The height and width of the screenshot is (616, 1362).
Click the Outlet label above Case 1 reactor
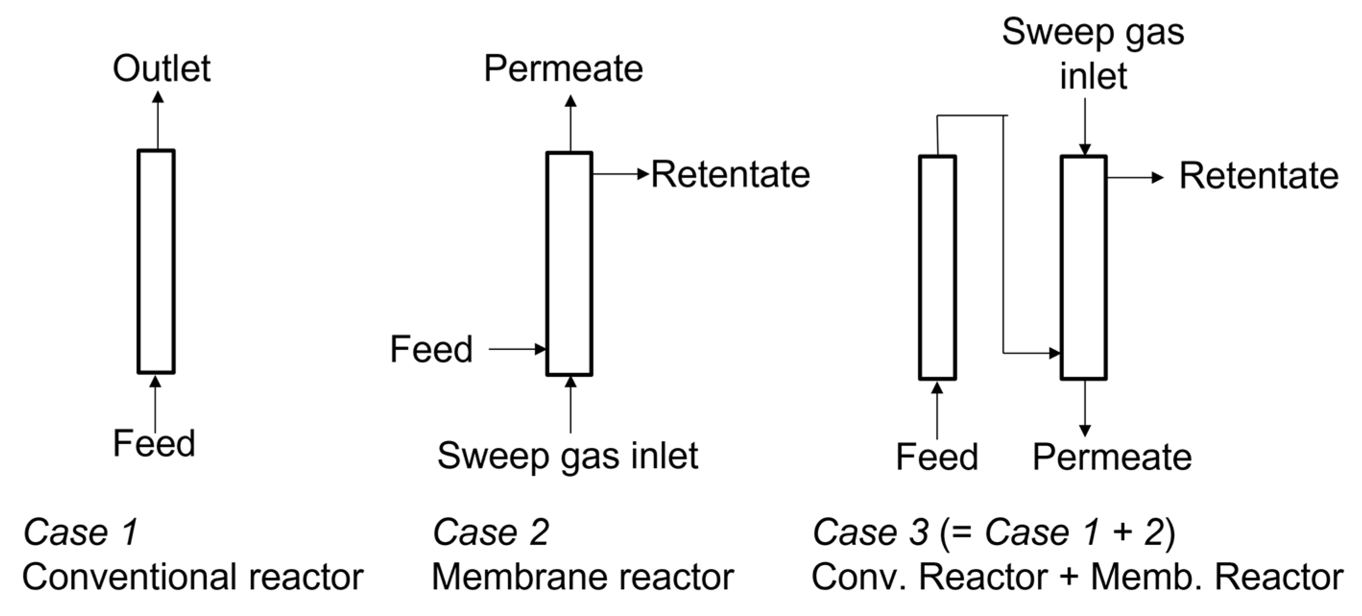pos(161,69)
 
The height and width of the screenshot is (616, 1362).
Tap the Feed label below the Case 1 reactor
pos(154,443)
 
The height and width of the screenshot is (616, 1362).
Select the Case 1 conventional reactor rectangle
pos(156,262)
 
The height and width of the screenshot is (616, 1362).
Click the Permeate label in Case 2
pos(563,69)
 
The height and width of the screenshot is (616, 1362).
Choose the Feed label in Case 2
pos(431,350)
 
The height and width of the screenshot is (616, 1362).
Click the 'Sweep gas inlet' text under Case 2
pos(567,456)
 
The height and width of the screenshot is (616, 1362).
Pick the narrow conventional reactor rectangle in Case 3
pos(937,267)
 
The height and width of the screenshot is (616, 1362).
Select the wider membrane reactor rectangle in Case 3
pos(1083,267)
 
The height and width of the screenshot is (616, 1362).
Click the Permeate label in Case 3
pos(1112,457)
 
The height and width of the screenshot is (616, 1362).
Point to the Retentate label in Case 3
pos(1259,176)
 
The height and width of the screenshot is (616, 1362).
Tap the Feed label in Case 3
pos(936,457)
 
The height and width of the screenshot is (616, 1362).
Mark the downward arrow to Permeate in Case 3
pos(1085,407)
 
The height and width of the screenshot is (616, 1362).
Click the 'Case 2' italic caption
pos(490,532)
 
